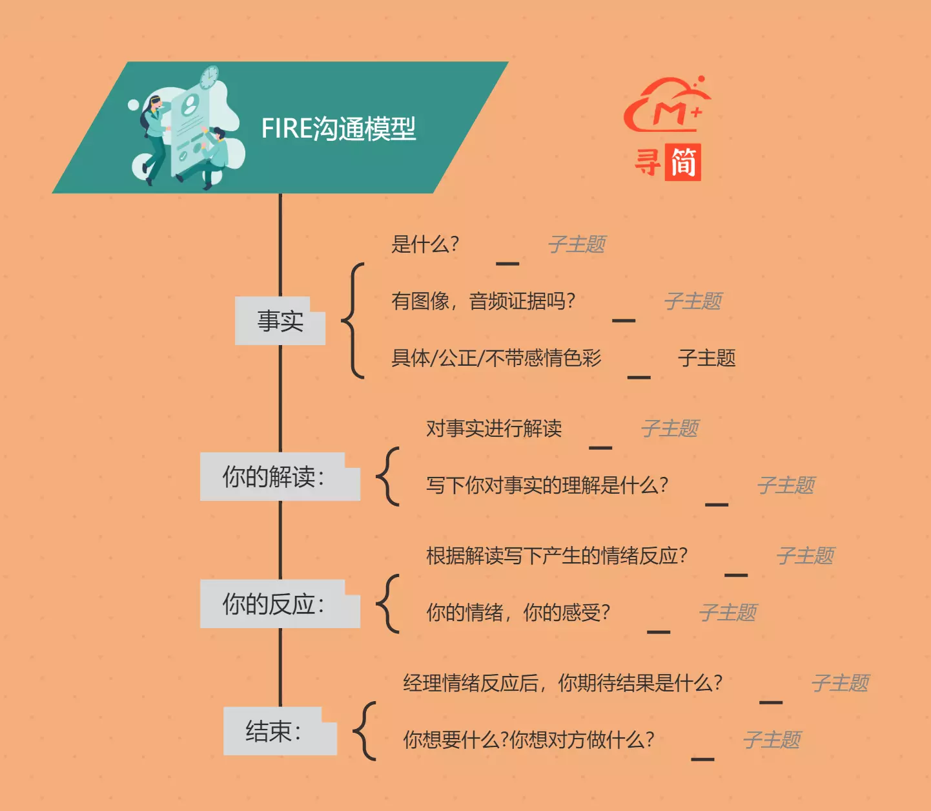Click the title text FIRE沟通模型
338,129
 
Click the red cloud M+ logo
667,105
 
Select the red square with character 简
682,163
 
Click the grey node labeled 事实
280,321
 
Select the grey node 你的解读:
280,477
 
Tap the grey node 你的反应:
280,604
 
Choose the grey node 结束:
280,731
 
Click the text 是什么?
425,244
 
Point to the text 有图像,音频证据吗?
483,301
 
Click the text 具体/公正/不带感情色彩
496,358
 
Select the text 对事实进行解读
494,428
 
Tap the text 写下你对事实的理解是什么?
547,485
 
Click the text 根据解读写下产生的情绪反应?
557,556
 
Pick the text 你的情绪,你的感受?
518,613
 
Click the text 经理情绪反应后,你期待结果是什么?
562,683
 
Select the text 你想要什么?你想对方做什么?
528,739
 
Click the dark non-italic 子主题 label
707,358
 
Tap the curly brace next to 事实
353,321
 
